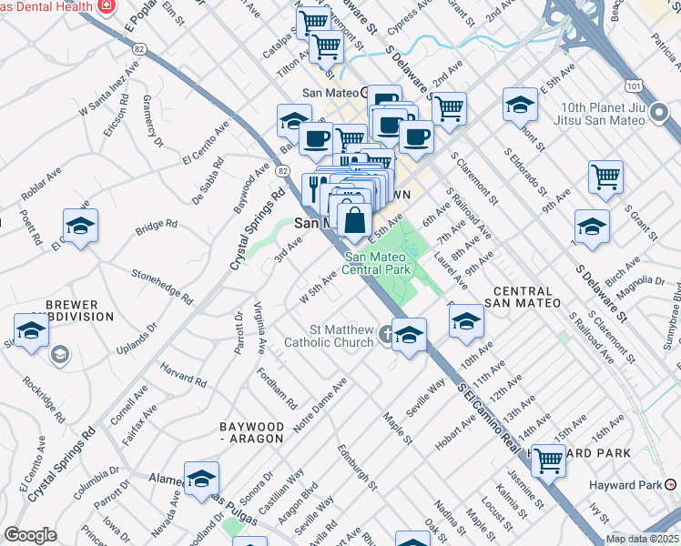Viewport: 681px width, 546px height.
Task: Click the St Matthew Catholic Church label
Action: tap(329, 335)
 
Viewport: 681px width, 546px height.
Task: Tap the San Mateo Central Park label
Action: tap(379, 263)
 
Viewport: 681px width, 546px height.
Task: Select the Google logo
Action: tap(30, 535)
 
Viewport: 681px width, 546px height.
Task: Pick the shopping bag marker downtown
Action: tap(354, 219)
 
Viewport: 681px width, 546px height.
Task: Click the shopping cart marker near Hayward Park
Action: tap(548, 460)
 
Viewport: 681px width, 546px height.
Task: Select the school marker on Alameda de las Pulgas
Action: tap(201, 479)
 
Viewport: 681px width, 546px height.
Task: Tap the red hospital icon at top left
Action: tap(107, 5)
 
